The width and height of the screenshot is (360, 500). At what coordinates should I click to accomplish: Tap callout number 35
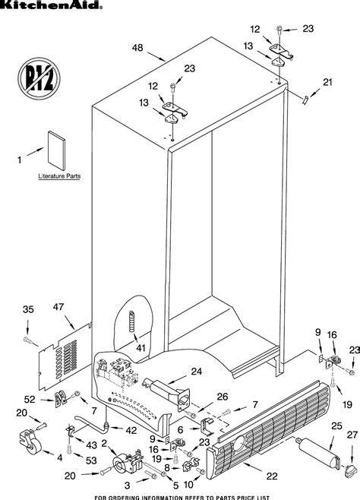27,309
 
